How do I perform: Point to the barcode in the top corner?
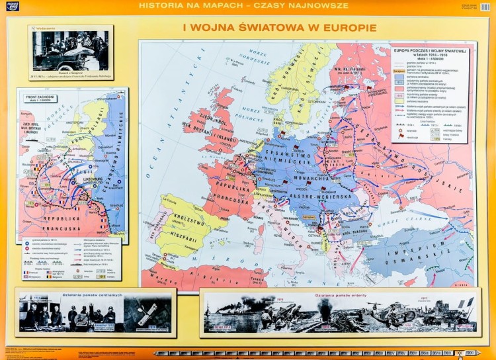coord(485,7)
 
